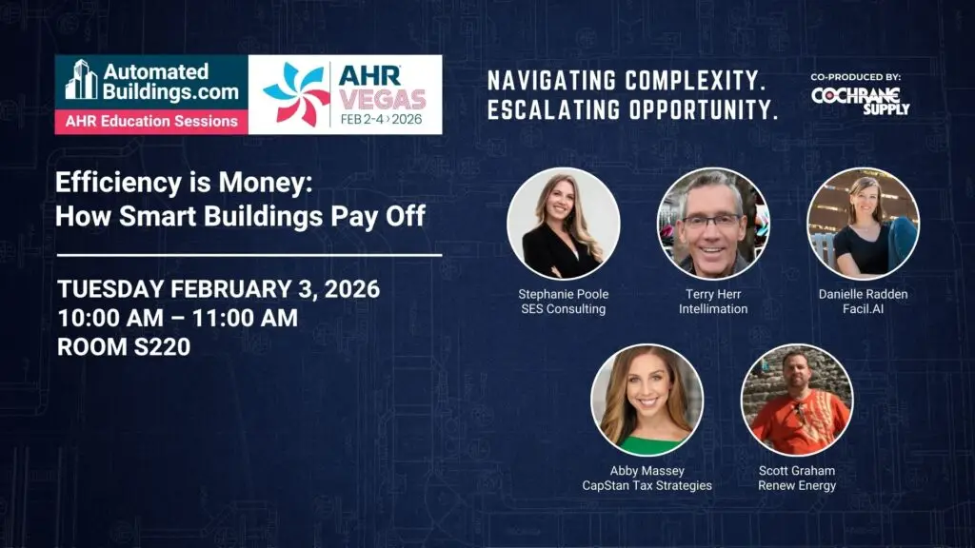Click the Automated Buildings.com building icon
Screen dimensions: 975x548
pos(82,80)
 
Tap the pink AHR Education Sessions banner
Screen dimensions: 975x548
pos(151,122)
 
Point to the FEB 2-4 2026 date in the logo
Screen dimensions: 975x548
pos(381,119)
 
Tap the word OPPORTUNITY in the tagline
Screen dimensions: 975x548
pos(704,110)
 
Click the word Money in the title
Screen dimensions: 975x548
pos(266,183)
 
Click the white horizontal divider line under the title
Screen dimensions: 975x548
pos(249,255)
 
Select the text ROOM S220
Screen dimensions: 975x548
pos(124,346)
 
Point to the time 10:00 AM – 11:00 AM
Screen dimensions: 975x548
pos(178,318)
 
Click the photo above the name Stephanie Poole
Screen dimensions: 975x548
pos(564,224)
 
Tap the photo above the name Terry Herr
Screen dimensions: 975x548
pos(713,224)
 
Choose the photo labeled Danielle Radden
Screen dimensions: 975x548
pos(863,224)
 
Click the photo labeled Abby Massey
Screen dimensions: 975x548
pos(647,401)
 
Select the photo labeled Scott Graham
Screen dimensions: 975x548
pos(797,401)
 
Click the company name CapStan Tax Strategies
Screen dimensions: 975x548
pos(647,486)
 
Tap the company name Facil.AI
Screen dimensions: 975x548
pos(863,309)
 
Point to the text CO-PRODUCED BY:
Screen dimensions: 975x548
pos(856,77)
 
